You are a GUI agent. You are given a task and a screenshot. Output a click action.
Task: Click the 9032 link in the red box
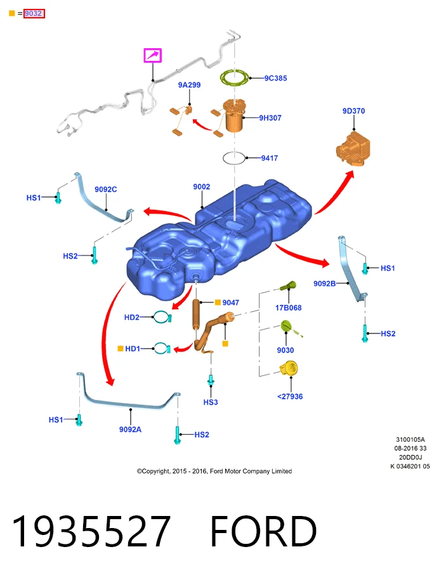(34, 14)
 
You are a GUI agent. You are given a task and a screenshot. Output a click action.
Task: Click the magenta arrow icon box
(152, 56)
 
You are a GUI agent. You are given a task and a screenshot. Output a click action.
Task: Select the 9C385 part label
(275, 78)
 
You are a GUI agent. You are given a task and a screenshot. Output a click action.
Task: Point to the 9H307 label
(270, 118)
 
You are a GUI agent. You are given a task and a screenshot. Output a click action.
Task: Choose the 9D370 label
(353, 111)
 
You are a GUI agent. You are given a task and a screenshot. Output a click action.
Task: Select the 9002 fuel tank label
(201, 187)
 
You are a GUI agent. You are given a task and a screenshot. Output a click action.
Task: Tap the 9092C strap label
(105, 190)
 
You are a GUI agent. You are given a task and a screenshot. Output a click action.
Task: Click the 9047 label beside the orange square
(231, 302)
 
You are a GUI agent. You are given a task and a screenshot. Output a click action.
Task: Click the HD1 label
(133, 349)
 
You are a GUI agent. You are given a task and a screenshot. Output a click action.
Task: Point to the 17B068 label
(289, 308)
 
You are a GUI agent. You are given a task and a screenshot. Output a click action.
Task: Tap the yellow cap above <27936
(289, 369)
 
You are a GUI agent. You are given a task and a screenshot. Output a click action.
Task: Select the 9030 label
(285, 351)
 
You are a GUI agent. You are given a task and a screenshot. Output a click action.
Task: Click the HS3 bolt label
(211, 402)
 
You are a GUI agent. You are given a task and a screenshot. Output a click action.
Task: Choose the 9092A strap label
(130, 429)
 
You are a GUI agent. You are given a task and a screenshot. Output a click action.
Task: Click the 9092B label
(325, 284)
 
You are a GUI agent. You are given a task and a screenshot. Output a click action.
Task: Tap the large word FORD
(263, 532)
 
